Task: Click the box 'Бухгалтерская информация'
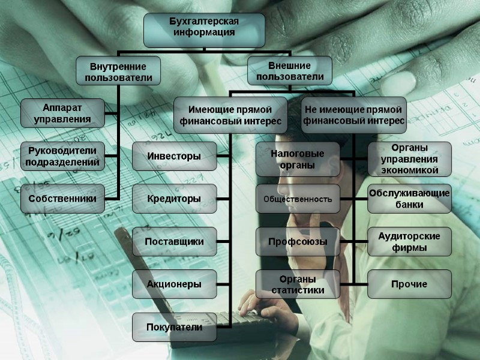(x=204, y=29)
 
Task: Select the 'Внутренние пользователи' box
(x=118, y=70)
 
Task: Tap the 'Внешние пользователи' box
(x=290, y=70)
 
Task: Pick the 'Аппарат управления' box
(x=62, y=113)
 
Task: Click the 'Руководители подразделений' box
(x=62, y=156)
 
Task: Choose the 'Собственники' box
(x=62, y=198)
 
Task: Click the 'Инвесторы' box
(x=174, y=157)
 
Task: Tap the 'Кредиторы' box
(x=174, y=198)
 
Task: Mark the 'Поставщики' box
(x=174, y=241)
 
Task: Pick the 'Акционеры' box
(x=174, y=284)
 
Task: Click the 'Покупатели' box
(x=174, y=327)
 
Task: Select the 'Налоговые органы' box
(x=298, y=158)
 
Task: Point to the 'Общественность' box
(x=298, y=199)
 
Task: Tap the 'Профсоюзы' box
(x=298, y=242)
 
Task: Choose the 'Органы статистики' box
(x=298, y=284)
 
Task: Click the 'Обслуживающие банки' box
(x=409, y=198)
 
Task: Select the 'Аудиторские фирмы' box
(x=409, y=241)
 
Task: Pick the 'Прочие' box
(x=409, y=284)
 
